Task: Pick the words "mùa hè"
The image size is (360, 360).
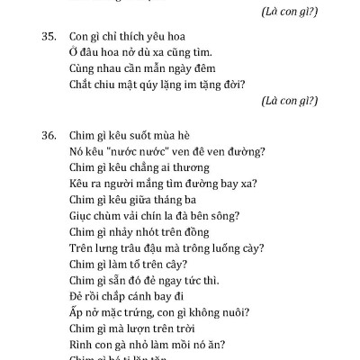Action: click(x=178, y=134)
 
